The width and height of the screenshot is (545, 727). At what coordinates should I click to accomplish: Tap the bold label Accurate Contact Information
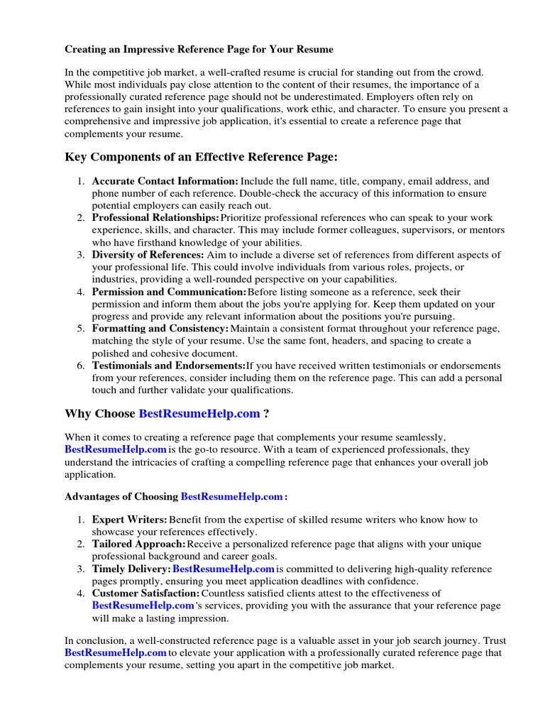pyautogui.click(x=165, y=182)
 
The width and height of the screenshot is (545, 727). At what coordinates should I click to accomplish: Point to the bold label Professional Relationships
pyautogui.click(x=155, y=218)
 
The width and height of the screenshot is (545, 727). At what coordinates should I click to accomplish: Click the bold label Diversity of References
pyautogui.click(x=148, y=255)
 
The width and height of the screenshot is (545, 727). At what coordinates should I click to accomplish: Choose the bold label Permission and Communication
pyautogui.click(x=169, y=292)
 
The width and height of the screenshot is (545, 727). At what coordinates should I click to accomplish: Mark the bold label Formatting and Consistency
pyautogui.click(x=160, y=329)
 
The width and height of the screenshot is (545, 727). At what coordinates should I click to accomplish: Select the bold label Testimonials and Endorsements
pyautogui.click(x=168, y=366)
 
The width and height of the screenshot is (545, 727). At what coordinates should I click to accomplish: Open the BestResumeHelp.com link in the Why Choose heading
pyautogui.click(x=199, y=414)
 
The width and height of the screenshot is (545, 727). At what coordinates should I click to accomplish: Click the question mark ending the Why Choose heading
pyautogui.click(x=266, y=414)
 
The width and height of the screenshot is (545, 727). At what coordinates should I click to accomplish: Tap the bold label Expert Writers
pyautogui.click(x=130, y=520)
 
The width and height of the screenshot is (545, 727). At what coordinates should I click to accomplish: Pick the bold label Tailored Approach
pyautogui.click(x=139, y=545)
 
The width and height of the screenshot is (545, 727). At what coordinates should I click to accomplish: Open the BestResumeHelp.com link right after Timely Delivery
pyautogui.click(x=224, y=569)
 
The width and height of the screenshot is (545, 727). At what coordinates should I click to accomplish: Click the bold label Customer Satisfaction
pyautogui.click(x=145, y=594)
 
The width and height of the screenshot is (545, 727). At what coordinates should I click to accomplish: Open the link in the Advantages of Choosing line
pyautogui.click(x=232, y=497)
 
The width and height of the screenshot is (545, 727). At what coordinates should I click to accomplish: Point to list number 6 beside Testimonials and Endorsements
pyautogui.click(x=80, y=366)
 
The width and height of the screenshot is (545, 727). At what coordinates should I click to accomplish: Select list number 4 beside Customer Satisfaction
pyautogui.click(x=80, y=594)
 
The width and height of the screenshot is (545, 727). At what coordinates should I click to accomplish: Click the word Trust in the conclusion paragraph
pyautogui.click(x=493, y=641)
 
